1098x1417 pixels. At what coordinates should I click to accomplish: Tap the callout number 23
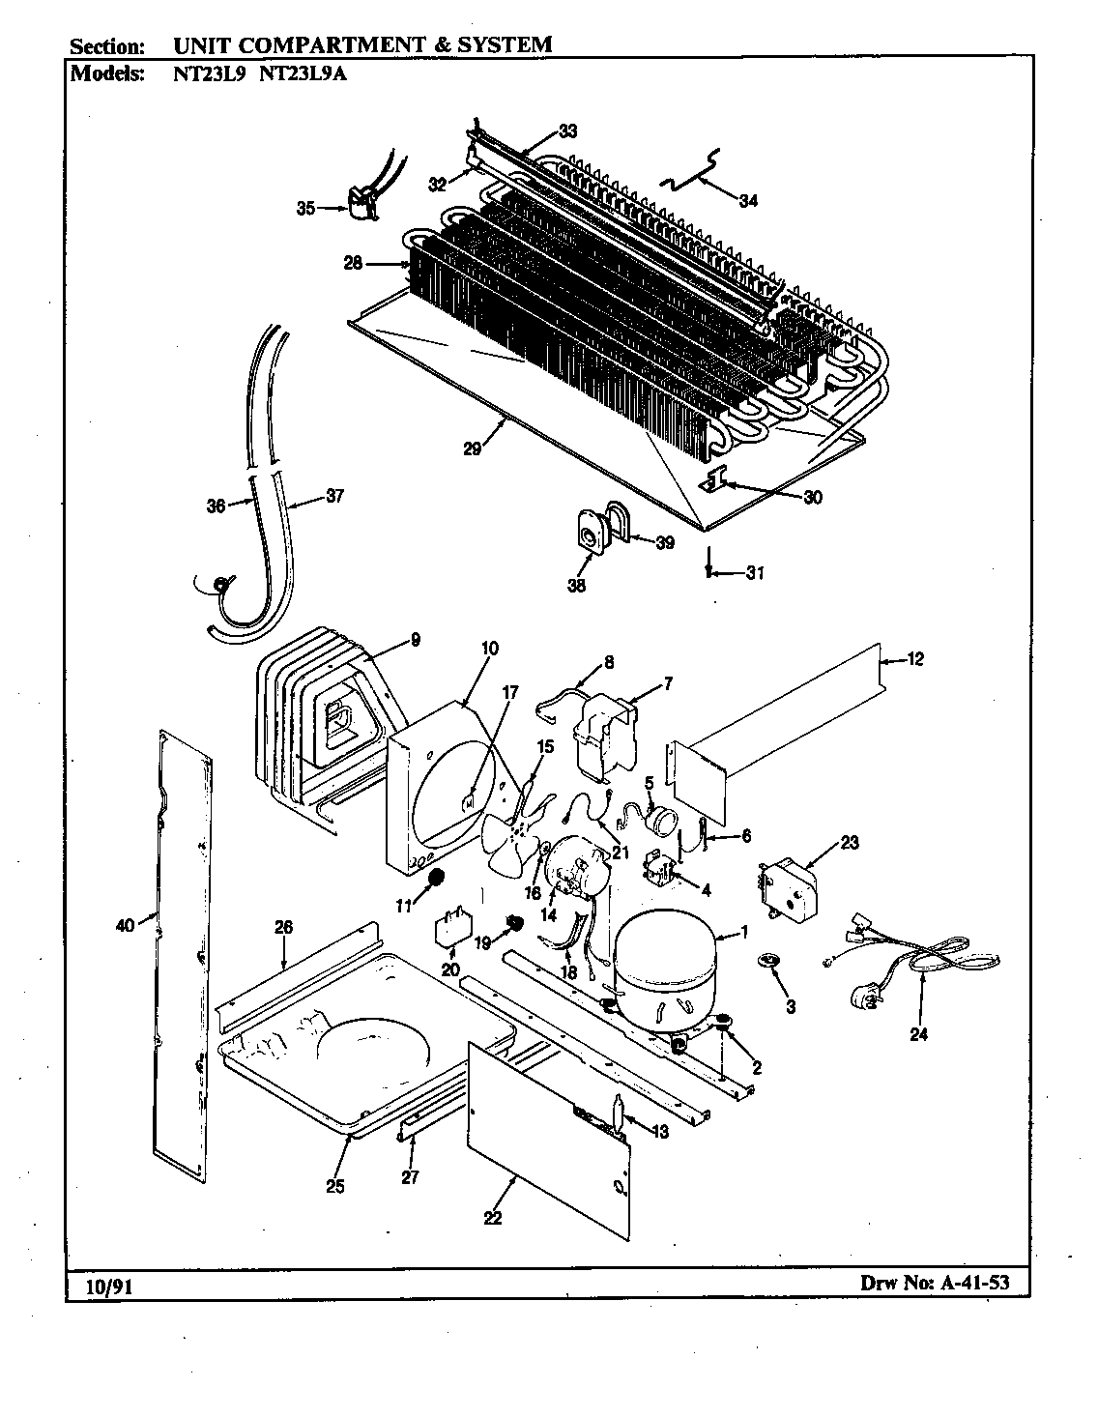click(x=849, y=841)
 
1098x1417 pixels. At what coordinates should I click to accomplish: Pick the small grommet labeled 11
click(x=435, y=878)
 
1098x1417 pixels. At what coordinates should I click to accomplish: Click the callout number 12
click(x=915, y=659)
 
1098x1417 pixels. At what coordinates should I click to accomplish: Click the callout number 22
click(x=493, y=1218)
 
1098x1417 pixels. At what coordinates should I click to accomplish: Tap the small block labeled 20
click(x=451, y=926)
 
